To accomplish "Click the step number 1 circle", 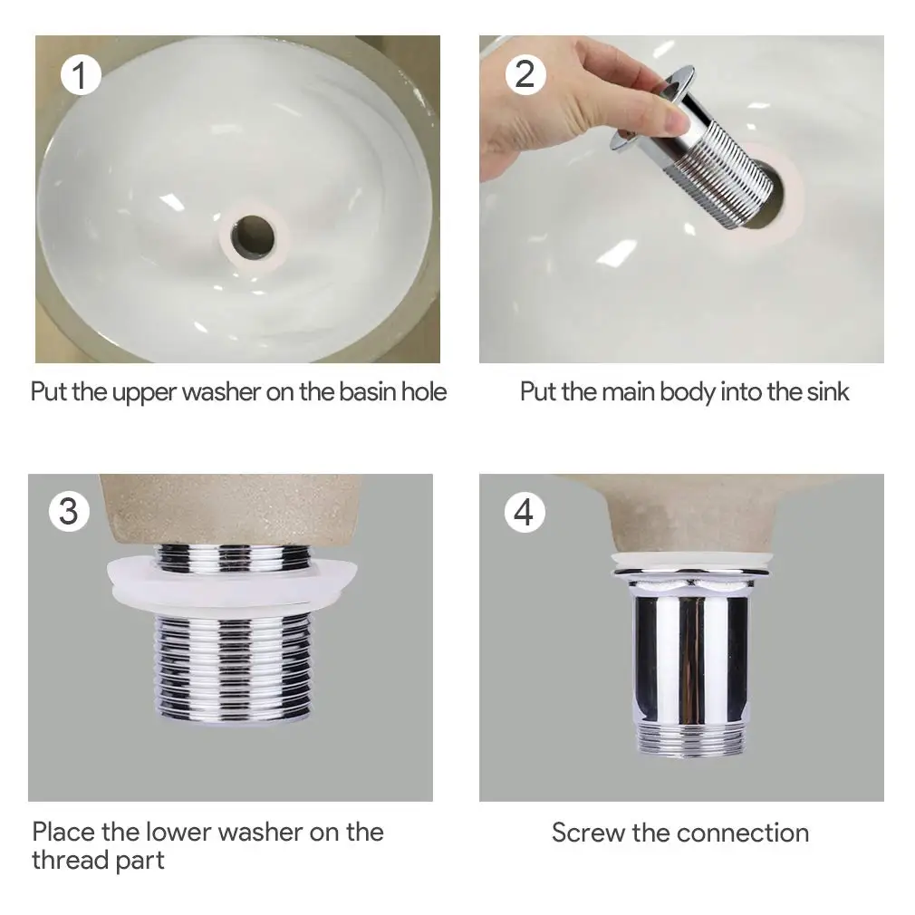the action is pos(81,74).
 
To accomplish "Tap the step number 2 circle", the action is pos(525,74).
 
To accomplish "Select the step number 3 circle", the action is pos(69,511).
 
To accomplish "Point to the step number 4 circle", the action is pos(524,513).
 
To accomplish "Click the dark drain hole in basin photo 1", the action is pos(253,236).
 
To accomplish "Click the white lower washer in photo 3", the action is pos(232,584).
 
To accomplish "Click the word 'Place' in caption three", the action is pos(63,833).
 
